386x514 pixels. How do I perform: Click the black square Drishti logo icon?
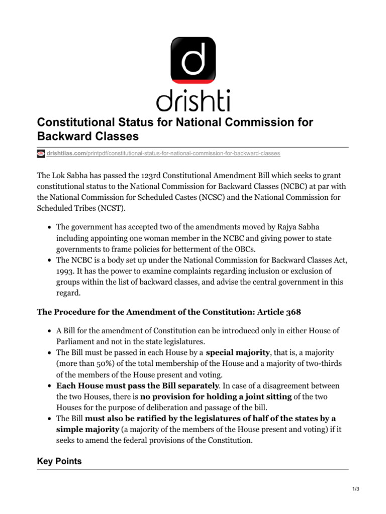click(x=193, y=54)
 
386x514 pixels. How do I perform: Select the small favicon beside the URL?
click(x=41, y=153)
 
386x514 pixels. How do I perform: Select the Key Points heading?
click(x=59, y=461)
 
